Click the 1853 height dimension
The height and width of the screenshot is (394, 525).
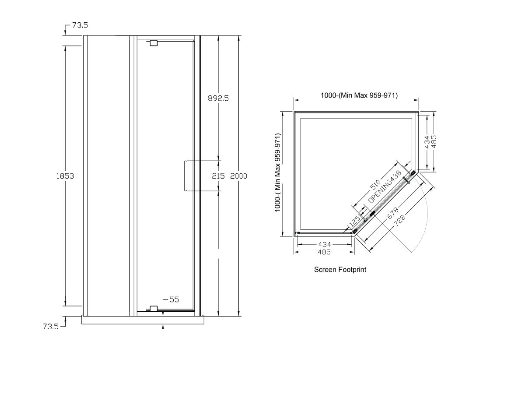coord(65,176)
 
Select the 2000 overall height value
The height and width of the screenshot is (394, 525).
coord(238,176)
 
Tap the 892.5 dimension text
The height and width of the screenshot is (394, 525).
coord(218,98)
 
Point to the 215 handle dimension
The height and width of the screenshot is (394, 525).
coord(218,176)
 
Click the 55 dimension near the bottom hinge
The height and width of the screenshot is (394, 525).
coord(174,299)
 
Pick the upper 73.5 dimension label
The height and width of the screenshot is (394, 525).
coord(80,26)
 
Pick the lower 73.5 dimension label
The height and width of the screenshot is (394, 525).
coord(51,327)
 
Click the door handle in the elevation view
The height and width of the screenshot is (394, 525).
coord(186,176)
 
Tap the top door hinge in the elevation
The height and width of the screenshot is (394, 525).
coord(153,43)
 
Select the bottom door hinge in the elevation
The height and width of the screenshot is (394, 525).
coord(153,308)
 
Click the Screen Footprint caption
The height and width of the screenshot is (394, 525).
coord(340,270)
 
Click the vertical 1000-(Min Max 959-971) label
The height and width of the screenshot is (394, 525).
coord(277,173)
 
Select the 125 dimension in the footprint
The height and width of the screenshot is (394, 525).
coord(355,220)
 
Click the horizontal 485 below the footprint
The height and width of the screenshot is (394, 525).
coord(324,252)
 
